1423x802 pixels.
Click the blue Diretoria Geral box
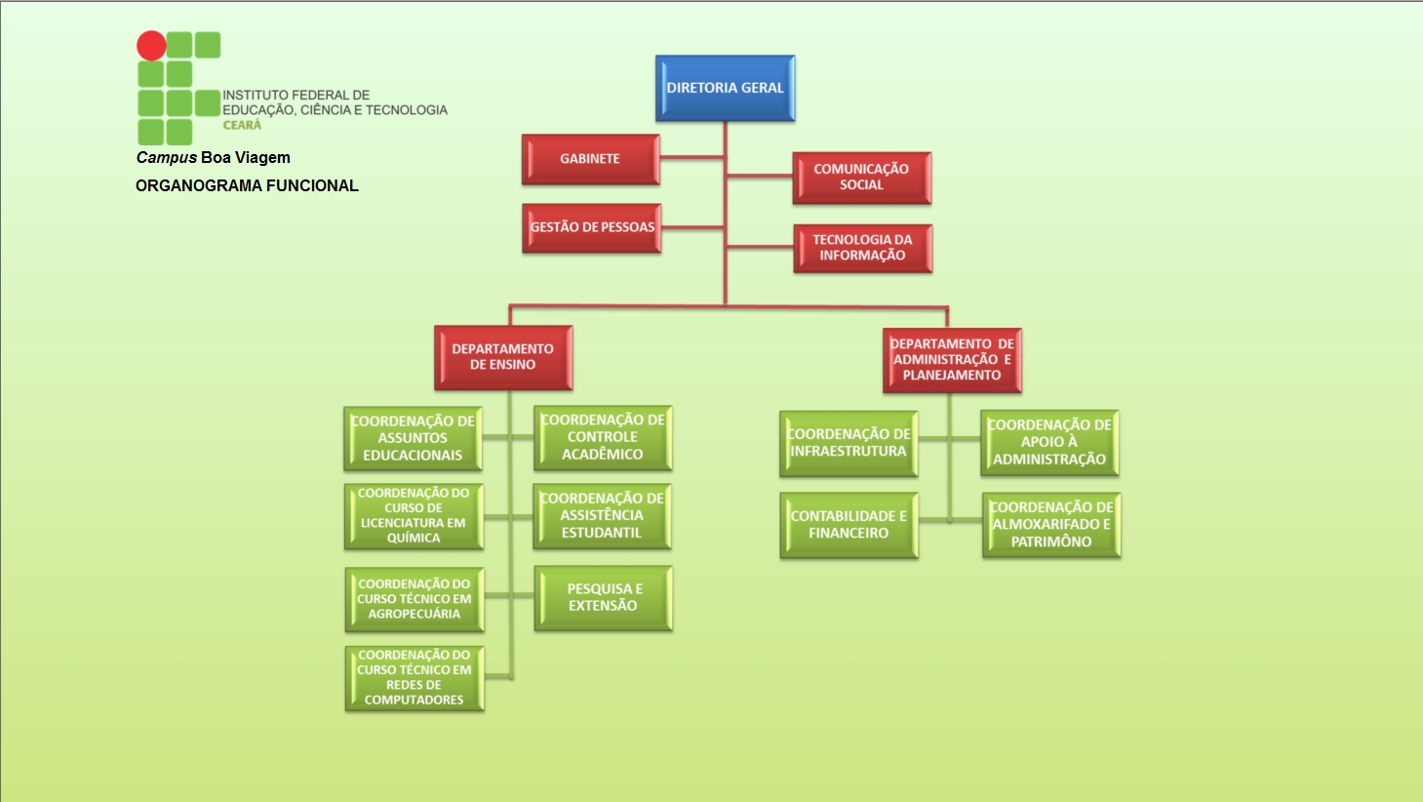pyautogui.click(x=725, y=88)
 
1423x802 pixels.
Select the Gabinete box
pyautogui.click(x=590, y=159)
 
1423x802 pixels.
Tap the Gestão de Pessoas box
pyautogui.click(x=592, y=227)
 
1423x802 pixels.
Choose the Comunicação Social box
pyautogui.click(x=861, y=177)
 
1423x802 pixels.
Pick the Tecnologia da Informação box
pyautogui.click(x=862, y=248)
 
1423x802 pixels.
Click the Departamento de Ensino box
pyautogui.click(x=502, y=357)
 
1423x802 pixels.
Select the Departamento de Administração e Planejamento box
pyautogui.click(x=952, y=360)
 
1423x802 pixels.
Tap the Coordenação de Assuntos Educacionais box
pyautogui.click(x=414, y=438)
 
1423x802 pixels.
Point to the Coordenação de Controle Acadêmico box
pyautogui.click(x=603, y=437)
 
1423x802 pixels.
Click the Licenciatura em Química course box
pyautogui.click(x=414, y=516)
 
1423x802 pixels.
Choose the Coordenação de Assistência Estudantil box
pyautogui.click(x=602, y=516)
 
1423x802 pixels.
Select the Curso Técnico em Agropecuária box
pyautogui.click(x=414, y=599)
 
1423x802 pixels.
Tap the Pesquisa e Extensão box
pyautogui.click(x=603, y=597)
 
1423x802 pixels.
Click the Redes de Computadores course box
pyautogui.click(x=414, y=678)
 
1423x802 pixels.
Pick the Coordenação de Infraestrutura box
pyautogui.click(x=849, y=443)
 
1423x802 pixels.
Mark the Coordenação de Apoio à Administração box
pyautogui.click(x=1049, y=442)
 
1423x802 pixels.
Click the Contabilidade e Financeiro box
pyautogui.click(x=849, y=525)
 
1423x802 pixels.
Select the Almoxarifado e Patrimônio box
pyautogui.click(x=1051, y=525)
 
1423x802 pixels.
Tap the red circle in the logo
pyautogui.click(x=151, y=46)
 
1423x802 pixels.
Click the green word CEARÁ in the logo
pyautogui.click(x=242, y=125)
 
